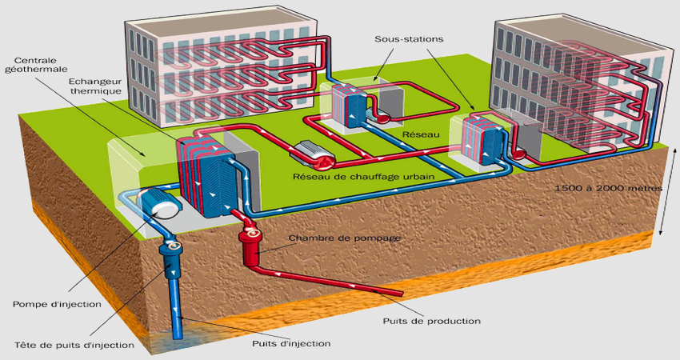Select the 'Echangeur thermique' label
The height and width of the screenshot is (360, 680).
click(x=94, y=86)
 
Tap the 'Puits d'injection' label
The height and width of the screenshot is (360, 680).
click(x=290, y=343)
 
